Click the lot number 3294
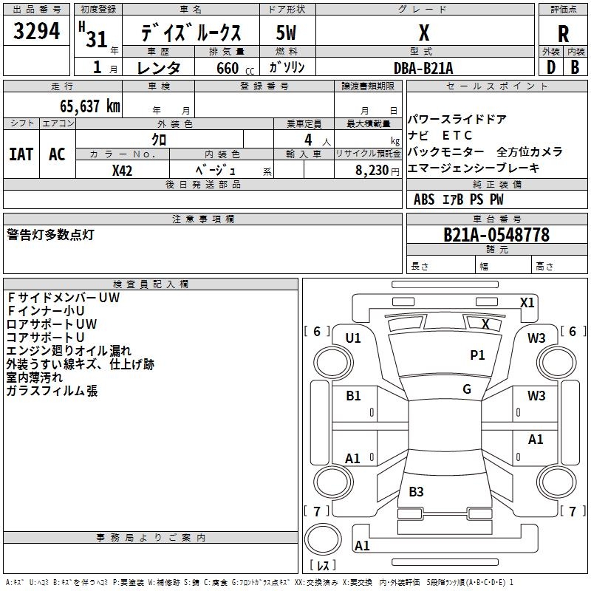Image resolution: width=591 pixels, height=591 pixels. coord(37,32)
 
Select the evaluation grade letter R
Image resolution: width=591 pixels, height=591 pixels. coord(563,34)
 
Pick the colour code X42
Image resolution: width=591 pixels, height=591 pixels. coord(123,170)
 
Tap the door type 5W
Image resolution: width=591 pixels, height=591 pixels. coord(286,33)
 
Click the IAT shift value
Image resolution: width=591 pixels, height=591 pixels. coord(21,154)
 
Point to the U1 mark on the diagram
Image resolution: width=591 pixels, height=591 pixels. coord(353,338)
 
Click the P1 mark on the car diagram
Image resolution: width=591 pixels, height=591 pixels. coord(478,355)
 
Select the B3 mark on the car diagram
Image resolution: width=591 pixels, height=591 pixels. coord(416,491)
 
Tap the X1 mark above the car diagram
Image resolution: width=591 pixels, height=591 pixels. coord(527,302)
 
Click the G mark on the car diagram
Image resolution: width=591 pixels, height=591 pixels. coord(467,389)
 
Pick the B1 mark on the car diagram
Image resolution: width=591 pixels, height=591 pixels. coord(353,396)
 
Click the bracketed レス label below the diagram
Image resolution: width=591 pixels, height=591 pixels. coord(322,566)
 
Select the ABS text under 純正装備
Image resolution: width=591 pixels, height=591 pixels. coord(424,199)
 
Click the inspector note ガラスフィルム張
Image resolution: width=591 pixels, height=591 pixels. coord(52,391)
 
